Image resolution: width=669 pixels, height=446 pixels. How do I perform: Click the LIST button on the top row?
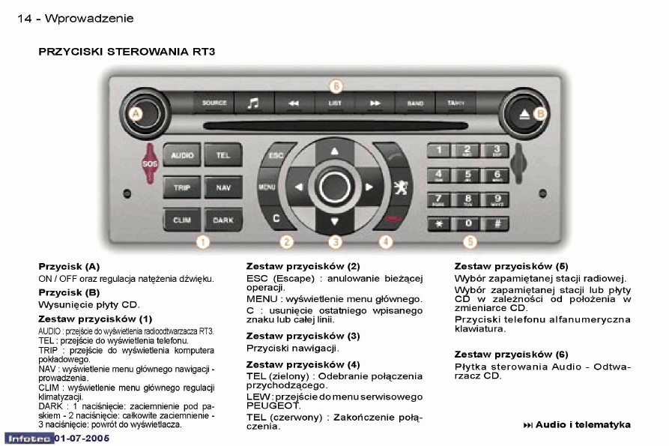click(335, 103)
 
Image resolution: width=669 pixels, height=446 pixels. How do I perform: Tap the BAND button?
click(414, 103)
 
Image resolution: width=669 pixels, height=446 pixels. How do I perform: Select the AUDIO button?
click(182, 156)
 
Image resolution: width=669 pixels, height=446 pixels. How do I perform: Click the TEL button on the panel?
click(223, 156)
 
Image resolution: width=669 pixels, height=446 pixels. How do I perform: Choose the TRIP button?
click(182, 187)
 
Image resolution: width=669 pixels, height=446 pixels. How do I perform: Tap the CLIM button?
click(182, 220)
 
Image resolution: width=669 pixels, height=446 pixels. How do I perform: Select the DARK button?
click(223, 220)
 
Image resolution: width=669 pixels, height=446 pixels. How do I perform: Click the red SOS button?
click(150, 163)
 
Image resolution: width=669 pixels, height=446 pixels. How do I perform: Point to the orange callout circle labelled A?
click(135, 114)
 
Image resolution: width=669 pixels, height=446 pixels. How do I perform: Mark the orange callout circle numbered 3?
click(336, 242)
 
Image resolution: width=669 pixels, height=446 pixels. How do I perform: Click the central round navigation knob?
click(334, 187)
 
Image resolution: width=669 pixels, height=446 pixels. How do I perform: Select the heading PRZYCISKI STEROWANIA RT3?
click(127, 52)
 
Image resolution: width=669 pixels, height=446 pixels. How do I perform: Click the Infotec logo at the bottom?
click(28, 437)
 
